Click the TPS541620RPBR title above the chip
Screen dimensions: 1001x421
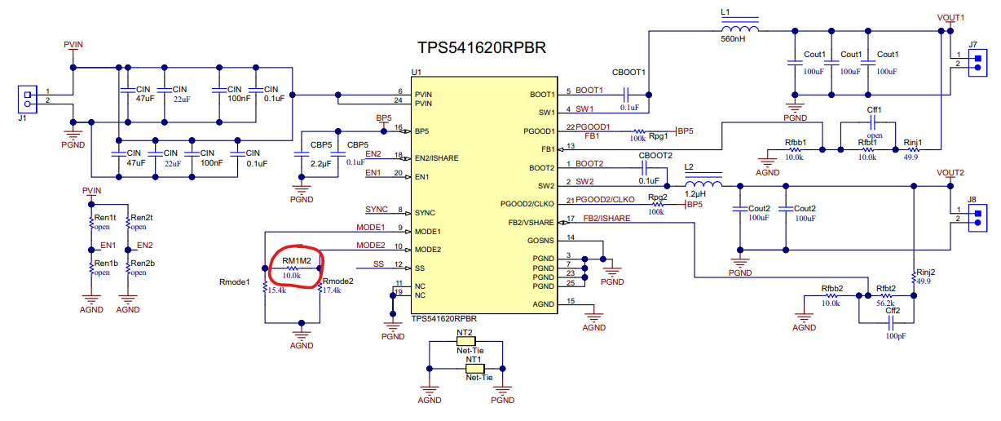point(481,47)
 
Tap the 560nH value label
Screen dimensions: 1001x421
point(733,39)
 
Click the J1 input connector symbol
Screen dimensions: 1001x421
point(27,100)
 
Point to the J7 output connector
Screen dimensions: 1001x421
point(977,63)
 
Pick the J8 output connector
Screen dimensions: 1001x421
point(977,218)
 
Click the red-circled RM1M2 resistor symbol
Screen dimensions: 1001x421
point(291,268)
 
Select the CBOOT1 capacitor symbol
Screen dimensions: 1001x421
point(626,95)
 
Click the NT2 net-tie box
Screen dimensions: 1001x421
point(465,341)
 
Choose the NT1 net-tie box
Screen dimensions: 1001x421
point(475,369)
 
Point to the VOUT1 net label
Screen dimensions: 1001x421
point(950,18)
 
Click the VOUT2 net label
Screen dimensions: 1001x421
point(950,173)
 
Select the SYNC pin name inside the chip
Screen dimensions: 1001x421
point(425,213)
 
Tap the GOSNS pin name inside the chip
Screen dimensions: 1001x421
point(540,241)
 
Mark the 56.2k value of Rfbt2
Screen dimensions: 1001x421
point(885,304)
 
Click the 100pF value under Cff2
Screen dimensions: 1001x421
point(896,336)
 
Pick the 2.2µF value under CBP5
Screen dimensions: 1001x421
point(321,164)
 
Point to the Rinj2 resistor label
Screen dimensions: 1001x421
point(925,272)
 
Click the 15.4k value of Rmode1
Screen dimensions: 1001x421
point(277,290)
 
